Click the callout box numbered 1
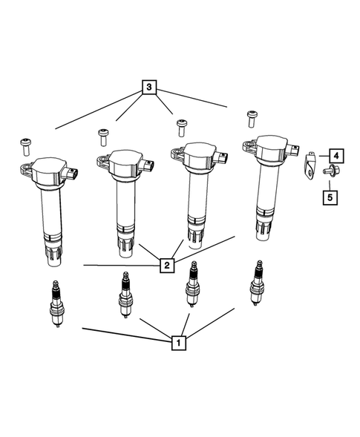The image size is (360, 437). click(x=177, y=343)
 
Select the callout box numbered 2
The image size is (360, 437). click(x=168, y=264)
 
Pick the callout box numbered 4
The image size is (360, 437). click(x=336, y=155)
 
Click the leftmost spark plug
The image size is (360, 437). click(x=56, y=305)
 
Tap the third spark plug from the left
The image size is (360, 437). click(x=192, y=286)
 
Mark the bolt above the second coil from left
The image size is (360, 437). click(x=103, y=135)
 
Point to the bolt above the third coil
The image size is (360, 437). click(x=178, y=123)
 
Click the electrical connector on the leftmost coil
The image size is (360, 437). click(x=73, y=175)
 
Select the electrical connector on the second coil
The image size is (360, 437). click(x=149, y=165)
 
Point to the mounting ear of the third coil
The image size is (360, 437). click(x=177, y=154)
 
